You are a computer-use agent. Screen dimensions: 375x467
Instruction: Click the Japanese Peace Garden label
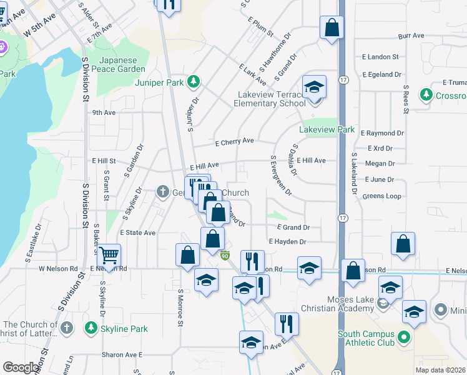coord(118,64)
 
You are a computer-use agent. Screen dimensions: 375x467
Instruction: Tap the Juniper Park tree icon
coord(194,81)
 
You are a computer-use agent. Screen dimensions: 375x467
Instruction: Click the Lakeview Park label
coord(327,130)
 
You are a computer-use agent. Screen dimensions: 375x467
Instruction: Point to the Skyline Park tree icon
coord(91,328)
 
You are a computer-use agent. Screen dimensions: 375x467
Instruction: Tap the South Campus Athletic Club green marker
coord(403,338)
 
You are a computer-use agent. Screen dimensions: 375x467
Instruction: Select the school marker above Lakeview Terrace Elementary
coord(315,87)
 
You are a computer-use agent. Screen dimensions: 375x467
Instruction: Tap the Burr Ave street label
coord(411,36)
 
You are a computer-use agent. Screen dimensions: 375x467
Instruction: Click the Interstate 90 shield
coord(225,254)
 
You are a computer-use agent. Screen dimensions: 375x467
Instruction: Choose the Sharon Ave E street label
coord(123,354)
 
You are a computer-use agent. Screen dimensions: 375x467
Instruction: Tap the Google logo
coord(21,367)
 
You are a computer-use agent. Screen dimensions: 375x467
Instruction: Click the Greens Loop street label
coord(381,196)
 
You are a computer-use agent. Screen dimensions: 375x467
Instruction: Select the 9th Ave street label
coord(104,113)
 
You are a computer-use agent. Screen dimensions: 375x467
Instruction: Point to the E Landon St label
coord(380,57)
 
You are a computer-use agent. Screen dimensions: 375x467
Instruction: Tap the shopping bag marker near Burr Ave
coord(332,27)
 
